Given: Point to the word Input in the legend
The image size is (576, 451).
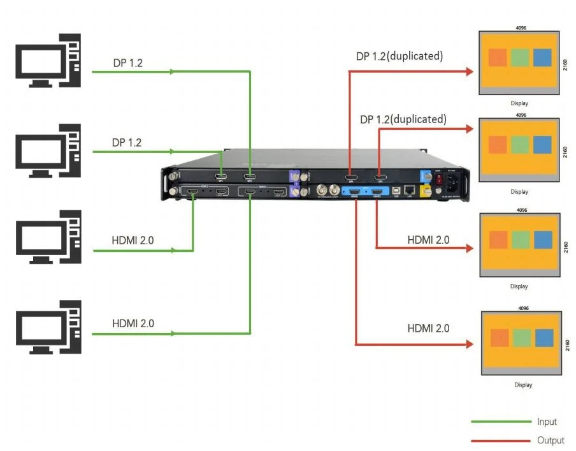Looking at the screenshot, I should point(546,422).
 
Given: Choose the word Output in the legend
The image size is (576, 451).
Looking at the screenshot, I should point(550,440).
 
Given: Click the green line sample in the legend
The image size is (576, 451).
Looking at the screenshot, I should point(500,422).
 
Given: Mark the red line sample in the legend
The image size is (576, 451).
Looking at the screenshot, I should point(500,440).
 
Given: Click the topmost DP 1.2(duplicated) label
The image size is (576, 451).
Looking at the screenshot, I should point(399,56).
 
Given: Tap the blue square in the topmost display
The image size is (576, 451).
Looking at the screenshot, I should point(542,57).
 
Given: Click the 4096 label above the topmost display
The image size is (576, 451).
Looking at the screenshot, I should point(521,28).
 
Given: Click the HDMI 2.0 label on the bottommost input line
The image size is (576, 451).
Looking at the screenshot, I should point(133,323).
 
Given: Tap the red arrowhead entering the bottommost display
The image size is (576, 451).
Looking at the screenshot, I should point(470,344).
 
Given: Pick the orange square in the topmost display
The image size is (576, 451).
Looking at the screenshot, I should point(498,57).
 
